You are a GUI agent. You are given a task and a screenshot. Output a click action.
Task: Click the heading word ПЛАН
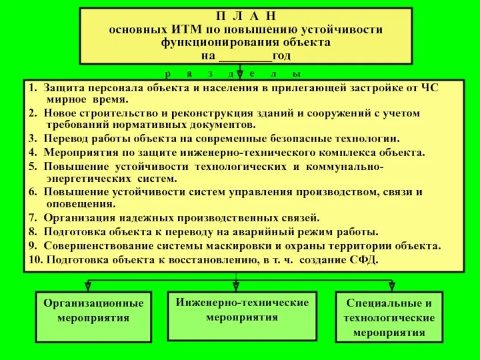click(246, 17)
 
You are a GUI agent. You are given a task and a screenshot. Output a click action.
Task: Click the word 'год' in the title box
click(281, 56)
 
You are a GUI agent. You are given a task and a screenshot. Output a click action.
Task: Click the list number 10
click(34, 259)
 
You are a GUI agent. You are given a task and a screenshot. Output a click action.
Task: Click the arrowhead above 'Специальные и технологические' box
click(392, 286)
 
